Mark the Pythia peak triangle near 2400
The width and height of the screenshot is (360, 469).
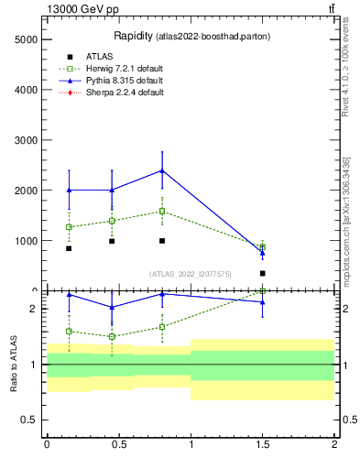coord(162,170)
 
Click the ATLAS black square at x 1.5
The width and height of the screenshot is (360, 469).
coord(263,273)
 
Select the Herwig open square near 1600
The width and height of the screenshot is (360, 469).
coord(162,212)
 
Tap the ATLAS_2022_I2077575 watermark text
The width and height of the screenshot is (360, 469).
coord(190,273)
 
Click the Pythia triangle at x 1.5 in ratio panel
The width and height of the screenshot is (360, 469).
coord(263,301)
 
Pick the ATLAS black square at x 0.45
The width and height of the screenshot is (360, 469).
coord(112,241)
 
